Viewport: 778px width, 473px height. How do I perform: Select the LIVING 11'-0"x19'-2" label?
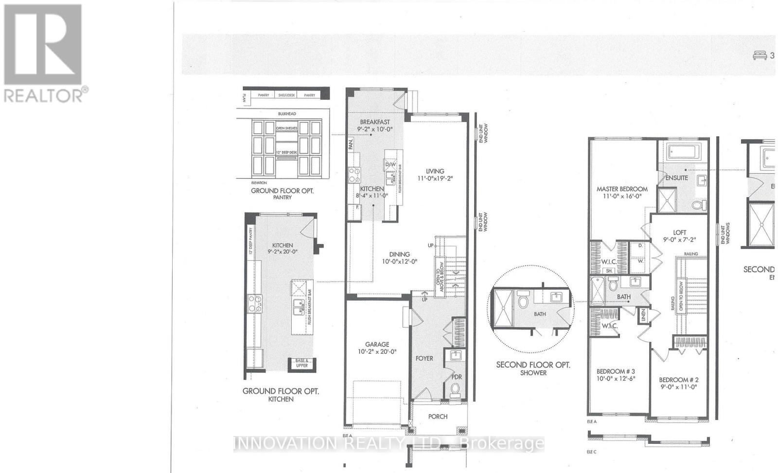[435, 175]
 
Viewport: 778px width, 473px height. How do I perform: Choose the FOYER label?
[424, 358]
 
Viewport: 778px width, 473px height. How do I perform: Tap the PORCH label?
[438, 417]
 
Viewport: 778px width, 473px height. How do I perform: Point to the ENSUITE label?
[676, 178]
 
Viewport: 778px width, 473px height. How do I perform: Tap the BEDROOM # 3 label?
[616, 375]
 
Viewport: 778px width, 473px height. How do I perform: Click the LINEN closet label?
[642, 315]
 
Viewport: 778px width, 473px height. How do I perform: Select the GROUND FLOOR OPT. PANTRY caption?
[282, 194]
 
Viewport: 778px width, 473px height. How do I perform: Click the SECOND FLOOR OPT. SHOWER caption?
[533, 368]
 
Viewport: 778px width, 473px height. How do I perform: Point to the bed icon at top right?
[758, 55]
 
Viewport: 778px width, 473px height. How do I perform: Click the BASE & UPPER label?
[302, 363]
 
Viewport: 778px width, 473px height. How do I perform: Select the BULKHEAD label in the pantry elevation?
[287, 114]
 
